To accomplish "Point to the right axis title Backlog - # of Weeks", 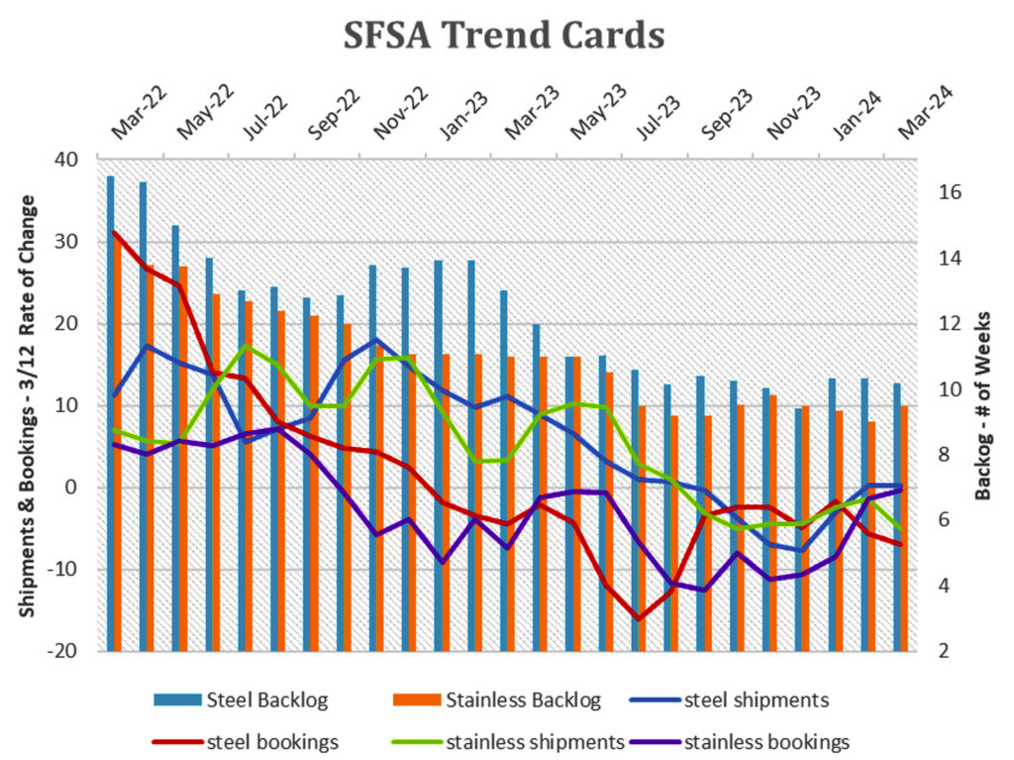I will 983,407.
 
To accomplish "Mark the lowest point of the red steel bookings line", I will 640,619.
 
